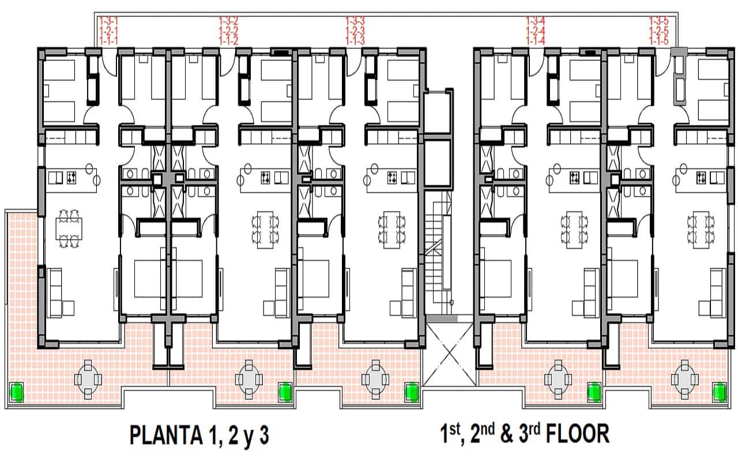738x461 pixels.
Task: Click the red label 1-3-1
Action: [x=108, y=21]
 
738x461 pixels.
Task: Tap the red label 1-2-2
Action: [x=229, y=31]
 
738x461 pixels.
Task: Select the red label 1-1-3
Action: [x=355, y=41]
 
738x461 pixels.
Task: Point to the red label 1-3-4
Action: [x=536, y=21]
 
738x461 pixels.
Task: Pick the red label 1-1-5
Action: [x=659, y=41]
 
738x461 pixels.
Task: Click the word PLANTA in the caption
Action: [x=167, y=435]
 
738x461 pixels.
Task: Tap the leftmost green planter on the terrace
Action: [x=16, y=392]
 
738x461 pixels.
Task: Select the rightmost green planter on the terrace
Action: [x=720, y=392]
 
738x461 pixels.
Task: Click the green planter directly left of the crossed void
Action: [x=412, y=392]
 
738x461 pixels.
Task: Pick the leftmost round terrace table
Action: [x=88, y=380]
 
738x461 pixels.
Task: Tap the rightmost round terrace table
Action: [x=684, y=380]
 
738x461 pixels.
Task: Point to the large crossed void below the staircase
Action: [x=449, y=354]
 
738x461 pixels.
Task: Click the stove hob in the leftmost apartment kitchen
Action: [x=71, y=178]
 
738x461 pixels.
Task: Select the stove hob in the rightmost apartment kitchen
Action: [x=701, y=178]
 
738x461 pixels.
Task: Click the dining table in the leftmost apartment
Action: [x=69, y=228]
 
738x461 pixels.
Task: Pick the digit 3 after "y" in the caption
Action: [x=264, y=435]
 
